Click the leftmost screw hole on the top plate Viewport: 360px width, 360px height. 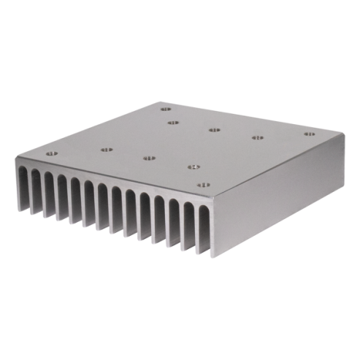click(x=50, y=154)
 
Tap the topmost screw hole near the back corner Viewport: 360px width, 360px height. click(x=165, y=110)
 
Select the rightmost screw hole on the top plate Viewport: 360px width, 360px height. click(x=310, y=134)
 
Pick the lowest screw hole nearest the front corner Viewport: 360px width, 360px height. click(x=204, y=185)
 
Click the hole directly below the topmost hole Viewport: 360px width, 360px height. click(x=172, y=122)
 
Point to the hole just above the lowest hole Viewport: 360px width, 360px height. click(x=194, y=167)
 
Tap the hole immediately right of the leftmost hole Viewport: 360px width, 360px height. click(x=106, y=150)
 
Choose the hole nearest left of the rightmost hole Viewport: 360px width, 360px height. click(x=257, y=137)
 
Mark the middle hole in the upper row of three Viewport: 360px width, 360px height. click(x=214, y=130)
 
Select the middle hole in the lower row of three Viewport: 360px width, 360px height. click(x=150, y=158)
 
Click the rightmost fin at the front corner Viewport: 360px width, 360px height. click(x=213, y=228)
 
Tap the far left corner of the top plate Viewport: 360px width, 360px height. click(x=15, y=158)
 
